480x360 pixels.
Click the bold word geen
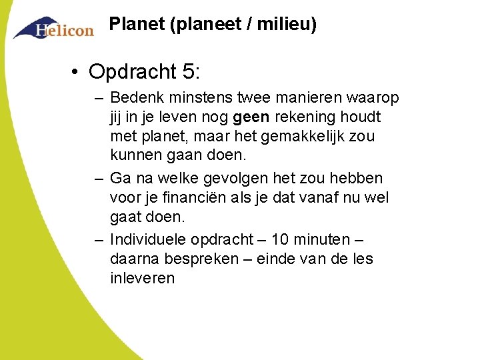pos(251,117)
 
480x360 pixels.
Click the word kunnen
pos(134,156)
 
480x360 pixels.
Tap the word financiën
pos(188,198)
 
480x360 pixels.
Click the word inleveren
pos(142,278)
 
